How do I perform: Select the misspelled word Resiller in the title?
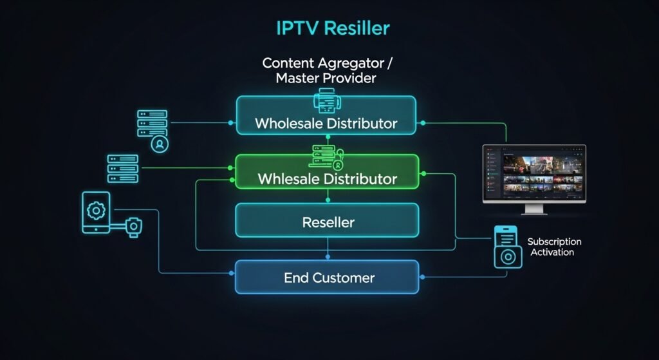click(x=357, y=28)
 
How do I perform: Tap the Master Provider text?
click(x=326, y=79)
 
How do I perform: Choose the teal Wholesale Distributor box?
click(x=326, y=116)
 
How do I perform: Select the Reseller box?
click(x=328, y=222)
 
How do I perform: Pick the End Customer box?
click(x=328, y=278)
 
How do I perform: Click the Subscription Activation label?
click(x=553, y=247)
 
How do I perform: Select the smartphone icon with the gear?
click(x=96, y=212)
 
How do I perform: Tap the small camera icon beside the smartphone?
click(x=133, y=227)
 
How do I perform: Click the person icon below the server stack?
click(x=158, y=144)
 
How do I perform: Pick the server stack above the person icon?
click(x=152, y=122)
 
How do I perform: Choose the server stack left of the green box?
click(x=123, y=168)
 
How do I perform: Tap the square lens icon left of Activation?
click(x=508, y=256)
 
